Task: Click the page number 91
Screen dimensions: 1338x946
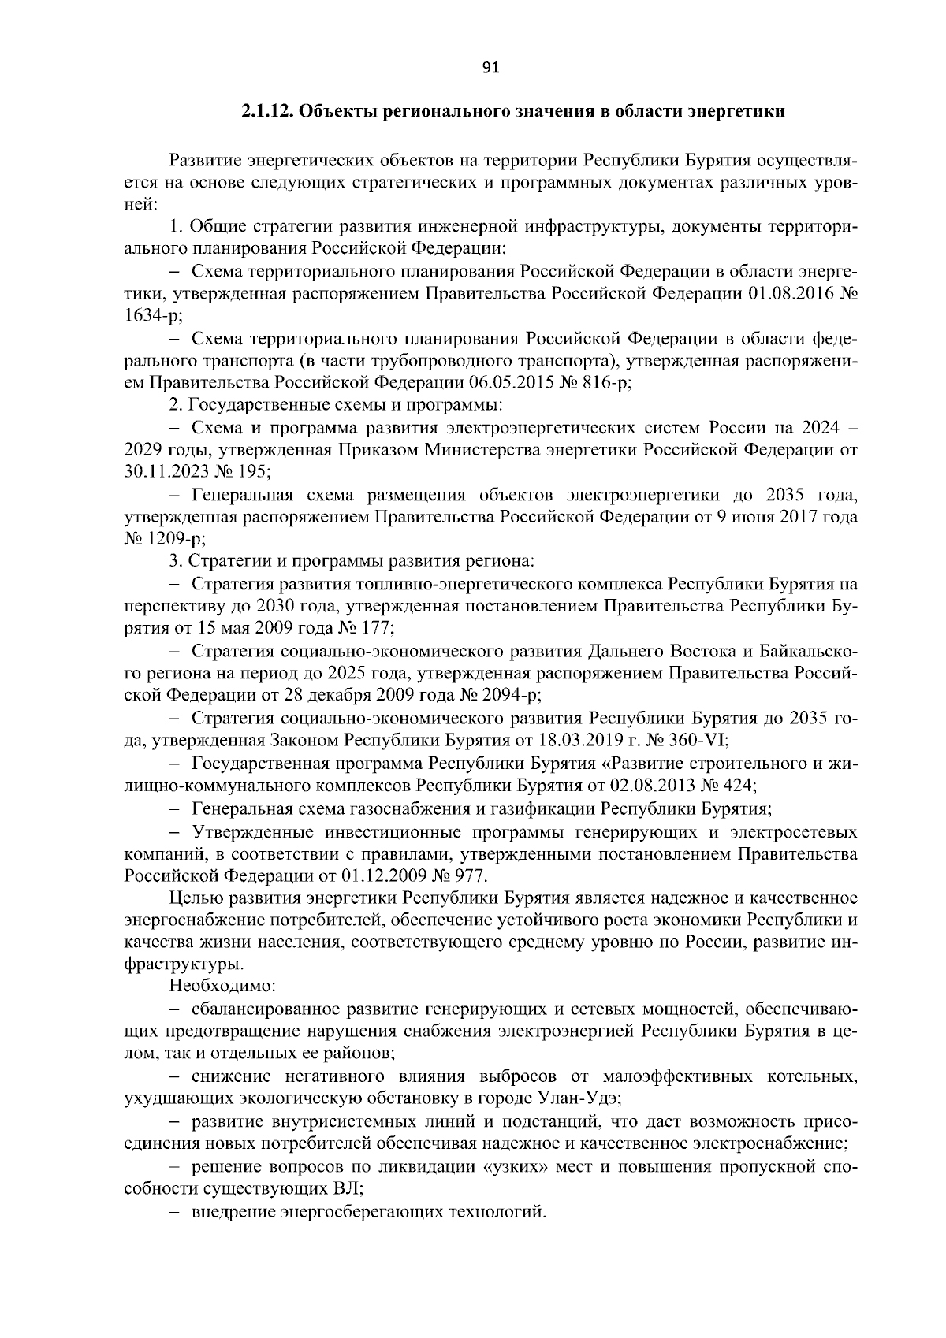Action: (490, 69)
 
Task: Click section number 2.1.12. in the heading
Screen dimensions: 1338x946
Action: (267, 111)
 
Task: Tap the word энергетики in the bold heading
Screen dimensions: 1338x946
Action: (738, 111)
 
